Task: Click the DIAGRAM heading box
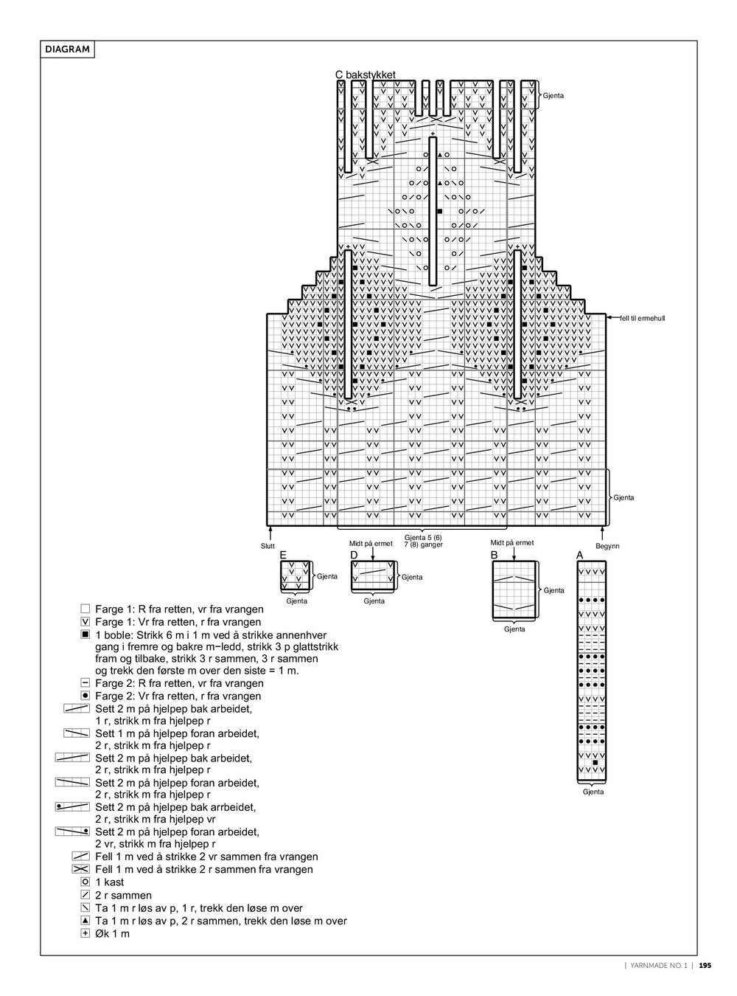point(67,50)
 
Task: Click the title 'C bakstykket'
point(366,75)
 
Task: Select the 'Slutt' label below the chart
point(268,546)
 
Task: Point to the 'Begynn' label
point(607,546)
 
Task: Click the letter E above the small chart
point(283,555)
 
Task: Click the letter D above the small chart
point(354,555)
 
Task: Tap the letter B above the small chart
point(495,555)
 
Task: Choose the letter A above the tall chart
point(579,555)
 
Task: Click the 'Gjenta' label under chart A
point(593,792)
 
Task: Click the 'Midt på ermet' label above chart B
point(512,542)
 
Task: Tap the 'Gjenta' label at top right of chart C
point(553,97)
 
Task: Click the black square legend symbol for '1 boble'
point(85,634)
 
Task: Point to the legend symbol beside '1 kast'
point(85,882)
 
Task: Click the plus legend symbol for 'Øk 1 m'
point(85,934)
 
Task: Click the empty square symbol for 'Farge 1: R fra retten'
point(85,609)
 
